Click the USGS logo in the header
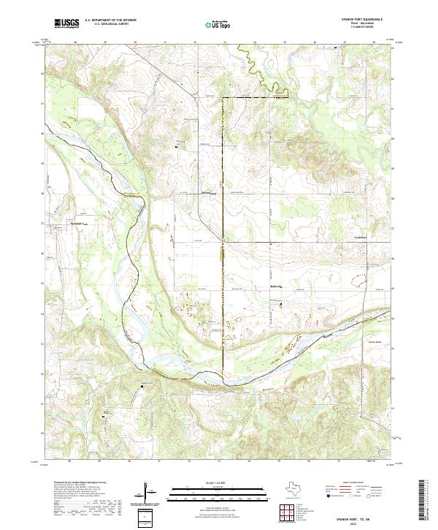[x=66, y=23]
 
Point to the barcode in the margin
[x=423, y=501]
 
